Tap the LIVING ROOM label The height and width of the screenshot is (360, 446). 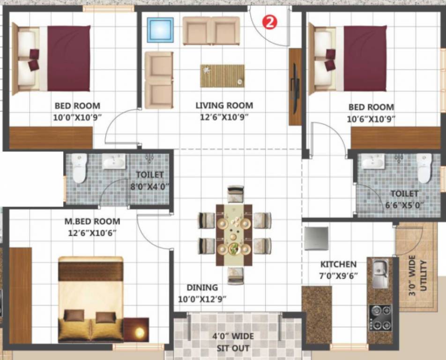click(x=224, y=105)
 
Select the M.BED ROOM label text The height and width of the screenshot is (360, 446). click(x=92, y=221)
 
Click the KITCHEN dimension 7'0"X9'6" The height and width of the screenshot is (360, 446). click(x=339, y=276)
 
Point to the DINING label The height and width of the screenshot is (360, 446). click(x=202, y=287)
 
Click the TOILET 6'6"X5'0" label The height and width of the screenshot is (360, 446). click(x=404, y=199)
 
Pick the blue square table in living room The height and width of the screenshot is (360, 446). click(x=160, y=30)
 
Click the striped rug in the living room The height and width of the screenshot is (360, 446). click(x=222, y=76)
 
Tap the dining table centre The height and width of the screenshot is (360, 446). click(x=234, y=234)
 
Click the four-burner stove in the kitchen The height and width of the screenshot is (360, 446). click(x=380, y=317)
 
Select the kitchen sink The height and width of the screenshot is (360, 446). click(x=380, y=273)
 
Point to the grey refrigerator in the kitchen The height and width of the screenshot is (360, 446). click(x=316, y=239)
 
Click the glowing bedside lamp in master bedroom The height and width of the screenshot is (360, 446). click(x=139, y=332)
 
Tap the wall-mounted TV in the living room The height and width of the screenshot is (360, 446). click(x=295, y=87)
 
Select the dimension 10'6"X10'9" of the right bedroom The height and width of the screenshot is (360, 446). click(x=371, y=119)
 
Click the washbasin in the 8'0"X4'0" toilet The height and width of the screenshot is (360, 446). click(x=113, y=162)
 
